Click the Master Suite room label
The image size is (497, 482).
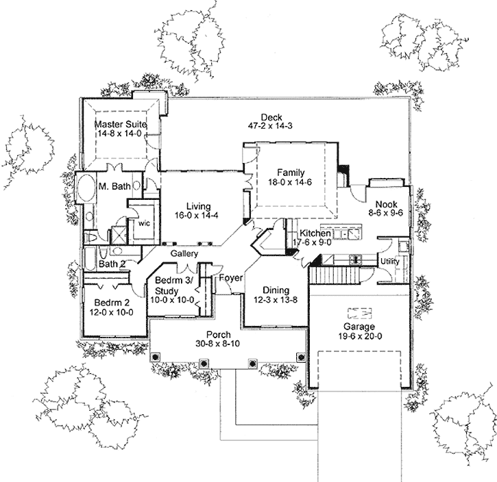click(121, 125)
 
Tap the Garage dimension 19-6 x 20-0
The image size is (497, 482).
click(354, 338)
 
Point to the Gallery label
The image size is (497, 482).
click(184, 254)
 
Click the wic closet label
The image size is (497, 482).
click(144, 223)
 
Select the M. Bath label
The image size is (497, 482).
click(110, 187)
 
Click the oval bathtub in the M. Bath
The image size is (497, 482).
click(85, 190)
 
